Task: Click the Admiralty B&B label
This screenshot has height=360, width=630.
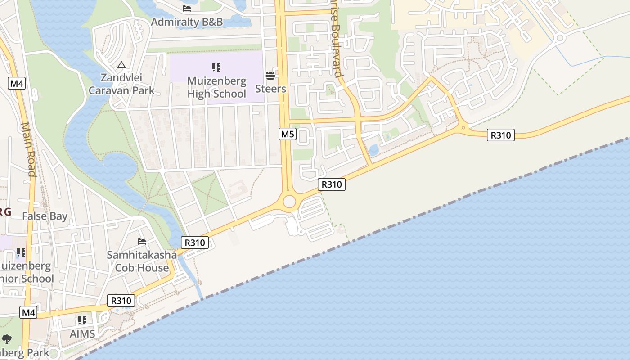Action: pos(187,22)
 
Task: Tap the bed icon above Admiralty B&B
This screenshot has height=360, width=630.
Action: pos(187,9)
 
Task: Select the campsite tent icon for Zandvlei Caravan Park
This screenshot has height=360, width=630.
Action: pos(121,65)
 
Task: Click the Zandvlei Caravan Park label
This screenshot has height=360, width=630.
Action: pos(121,84)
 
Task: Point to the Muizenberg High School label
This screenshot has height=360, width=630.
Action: pos(216,87)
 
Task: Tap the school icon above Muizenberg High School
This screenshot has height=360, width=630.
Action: pos(216,67)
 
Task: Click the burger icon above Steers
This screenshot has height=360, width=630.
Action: pos(270,75)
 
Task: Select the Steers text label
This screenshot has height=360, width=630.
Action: pos(270,89)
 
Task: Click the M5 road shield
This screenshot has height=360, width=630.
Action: pos(288,134)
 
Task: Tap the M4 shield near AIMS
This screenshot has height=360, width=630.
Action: pos(28,312)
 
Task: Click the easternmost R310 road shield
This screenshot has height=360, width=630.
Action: pos(500,135)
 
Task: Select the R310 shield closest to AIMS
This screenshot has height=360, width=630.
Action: pos(121,301)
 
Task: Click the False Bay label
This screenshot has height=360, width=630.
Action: pos(45,216)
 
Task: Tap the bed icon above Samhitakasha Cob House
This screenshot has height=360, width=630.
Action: pos(142,242)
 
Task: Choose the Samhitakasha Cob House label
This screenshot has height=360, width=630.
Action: pos(142,261)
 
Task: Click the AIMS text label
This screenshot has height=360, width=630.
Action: pos(82,334)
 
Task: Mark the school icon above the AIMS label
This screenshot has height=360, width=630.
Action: pos(82,320)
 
